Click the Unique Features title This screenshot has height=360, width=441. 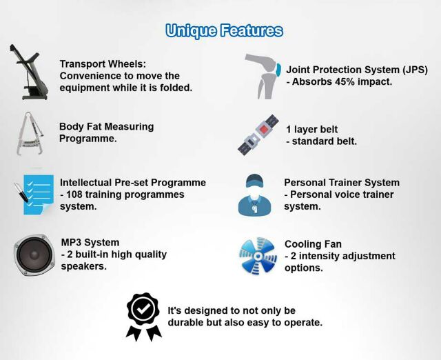(224, 31)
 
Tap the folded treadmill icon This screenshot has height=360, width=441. (28, 72)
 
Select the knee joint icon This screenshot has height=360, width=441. (263, 76)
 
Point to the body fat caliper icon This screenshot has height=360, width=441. (30, 134)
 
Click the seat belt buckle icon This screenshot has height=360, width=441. (259, 134)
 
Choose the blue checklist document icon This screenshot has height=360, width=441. (34, 194)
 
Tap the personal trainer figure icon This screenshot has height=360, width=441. (255, 195)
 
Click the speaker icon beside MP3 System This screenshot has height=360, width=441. (34, 254)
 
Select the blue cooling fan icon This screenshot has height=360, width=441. (258, 256)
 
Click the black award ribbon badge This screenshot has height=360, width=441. (144, 316)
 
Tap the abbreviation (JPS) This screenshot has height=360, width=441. (415, 70)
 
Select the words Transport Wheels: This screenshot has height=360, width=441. (103, 64)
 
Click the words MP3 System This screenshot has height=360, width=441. (90, 242)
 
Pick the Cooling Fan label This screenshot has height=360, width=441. (313, 244)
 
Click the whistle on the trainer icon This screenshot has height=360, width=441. (254, 209)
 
